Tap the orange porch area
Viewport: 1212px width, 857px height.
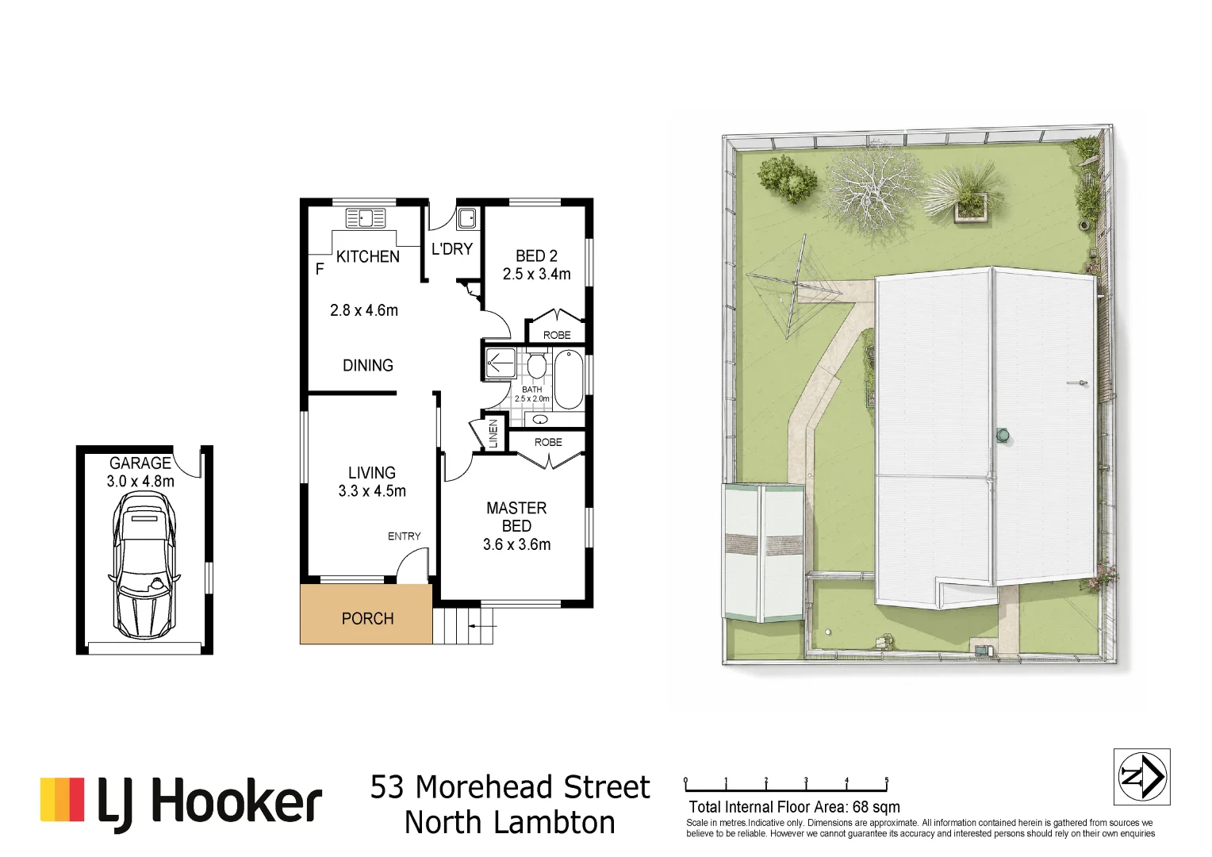[x=366, y=614]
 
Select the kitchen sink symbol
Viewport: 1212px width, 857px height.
[x=366, y=218]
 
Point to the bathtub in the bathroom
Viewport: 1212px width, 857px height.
[x=568, y=379]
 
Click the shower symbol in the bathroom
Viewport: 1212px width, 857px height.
[x=501, y=362]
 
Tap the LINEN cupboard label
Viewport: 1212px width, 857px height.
[x=493, y=433]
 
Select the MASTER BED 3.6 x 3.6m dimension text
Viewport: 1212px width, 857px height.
[x=516, y=544]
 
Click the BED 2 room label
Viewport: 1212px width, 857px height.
[x=536, y=256]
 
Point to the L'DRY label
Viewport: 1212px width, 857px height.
[x=452, y=249]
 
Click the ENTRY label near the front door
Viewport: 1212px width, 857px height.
[x=405, y=536]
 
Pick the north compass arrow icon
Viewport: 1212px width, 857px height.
[x=1141, y=776]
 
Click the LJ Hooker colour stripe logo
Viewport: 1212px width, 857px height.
[x=62, y=799]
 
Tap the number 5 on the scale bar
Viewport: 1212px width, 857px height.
[x=887, y=780]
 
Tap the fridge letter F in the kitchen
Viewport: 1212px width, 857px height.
[x=320, y=268]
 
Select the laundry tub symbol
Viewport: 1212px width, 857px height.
[x=466, y=219]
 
